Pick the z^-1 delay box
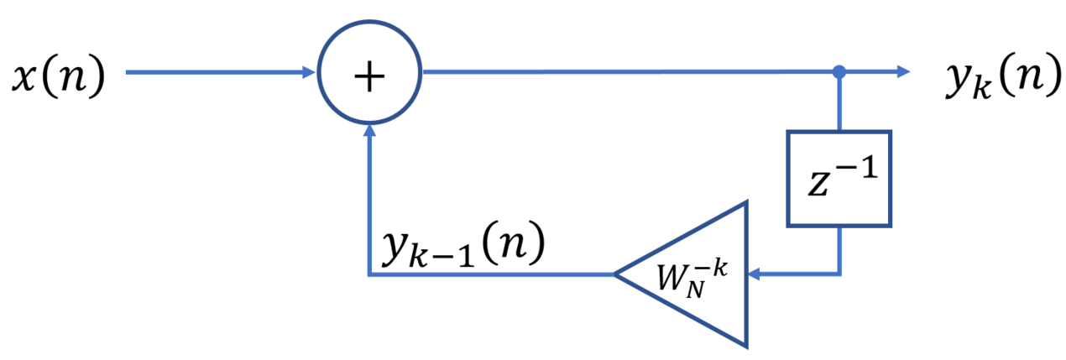pos(837,178)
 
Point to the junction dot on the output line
pos(838,73)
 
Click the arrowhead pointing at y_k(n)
pos(902,73)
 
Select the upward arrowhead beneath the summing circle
pos(369,133)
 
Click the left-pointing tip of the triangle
pos(617,274)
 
